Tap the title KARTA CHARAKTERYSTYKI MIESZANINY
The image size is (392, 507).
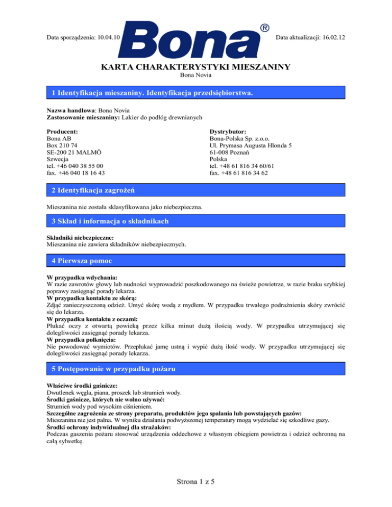pos(196,67)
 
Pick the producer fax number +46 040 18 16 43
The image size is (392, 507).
pos(81,173)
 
